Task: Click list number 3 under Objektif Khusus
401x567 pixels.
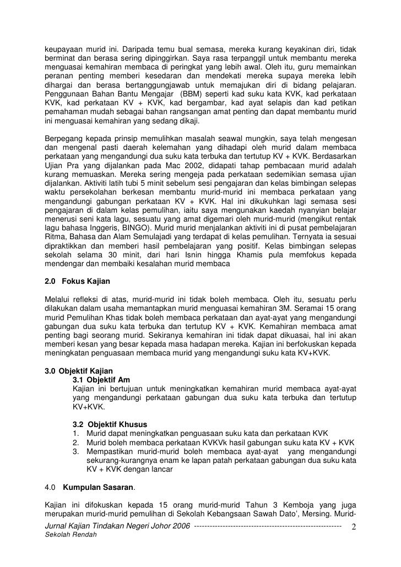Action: (75, 452)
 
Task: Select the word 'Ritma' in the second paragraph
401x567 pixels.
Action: (55, 236)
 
